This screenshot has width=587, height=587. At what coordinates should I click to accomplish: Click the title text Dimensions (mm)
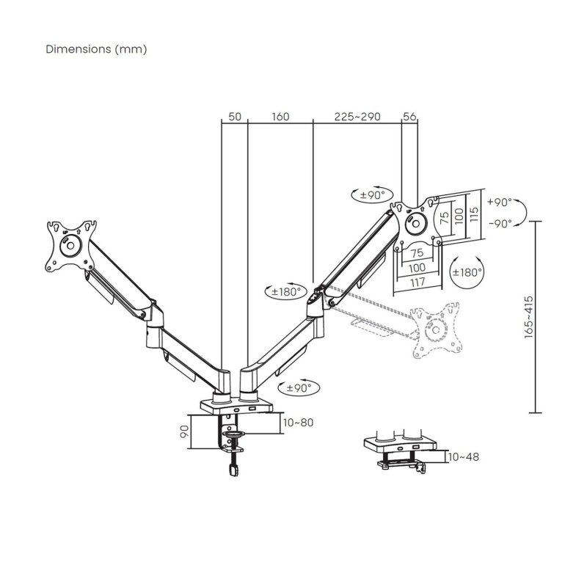pos(96,49)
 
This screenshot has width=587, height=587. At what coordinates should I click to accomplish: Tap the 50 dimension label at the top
pos(235,117)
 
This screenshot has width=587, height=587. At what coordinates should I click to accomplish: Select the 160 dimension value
pos(280,117)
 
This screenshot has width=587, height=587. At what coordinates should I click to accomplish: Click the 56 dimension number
pos(409,117)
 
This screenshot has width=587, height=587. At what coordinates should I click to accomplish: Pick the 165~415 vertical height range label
pos(549,316)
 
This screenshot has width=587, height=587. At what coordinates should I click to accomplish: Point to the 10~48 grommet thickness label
pos(462,456)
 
